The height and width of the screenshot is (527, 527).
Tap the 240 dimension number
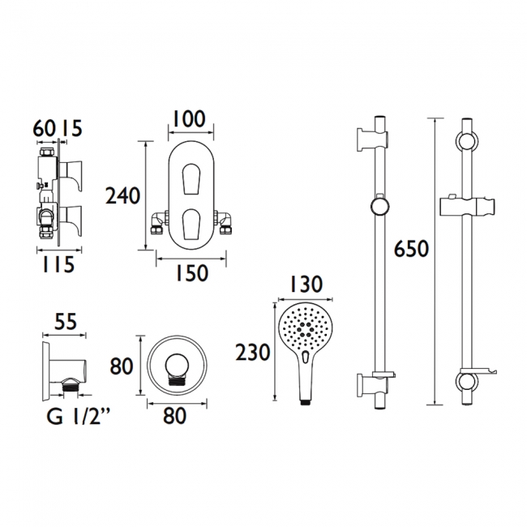coord(124,195)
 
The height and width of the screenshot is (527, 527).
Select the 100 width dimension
coord(190,118)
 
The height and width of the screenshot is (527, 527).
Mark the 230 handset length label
coord(252,352)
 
